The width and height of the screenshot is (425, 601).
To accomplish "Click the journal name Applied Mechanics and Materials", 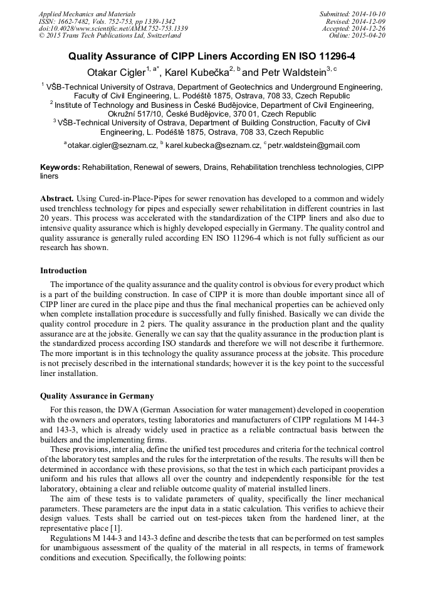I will pos(87,13).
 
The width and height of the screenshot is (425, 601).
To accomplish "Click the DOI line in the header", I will pos(113,28).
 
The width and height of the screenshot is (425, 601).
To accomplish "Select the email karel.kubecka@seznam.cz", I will pos(212,145).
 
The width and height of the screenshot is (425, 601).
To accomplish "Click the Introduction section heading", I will pos(63,271).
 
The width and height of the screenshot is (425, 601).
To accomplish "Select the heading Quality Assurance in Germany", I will pos(97,396).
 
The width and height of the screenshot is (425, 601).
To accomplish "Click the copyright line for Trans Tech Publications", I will pos(110,36).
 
